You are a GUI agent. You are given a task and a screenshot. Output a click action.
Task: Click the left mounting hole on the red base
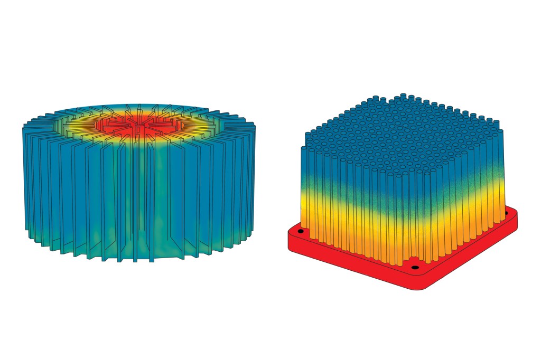[300, 231]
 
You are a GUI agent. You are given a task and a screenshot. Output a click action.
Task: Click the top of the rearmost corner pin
[404, 96]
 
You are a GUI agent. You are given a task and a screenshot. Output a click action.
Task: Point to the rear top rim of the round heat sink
[138, 105]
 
